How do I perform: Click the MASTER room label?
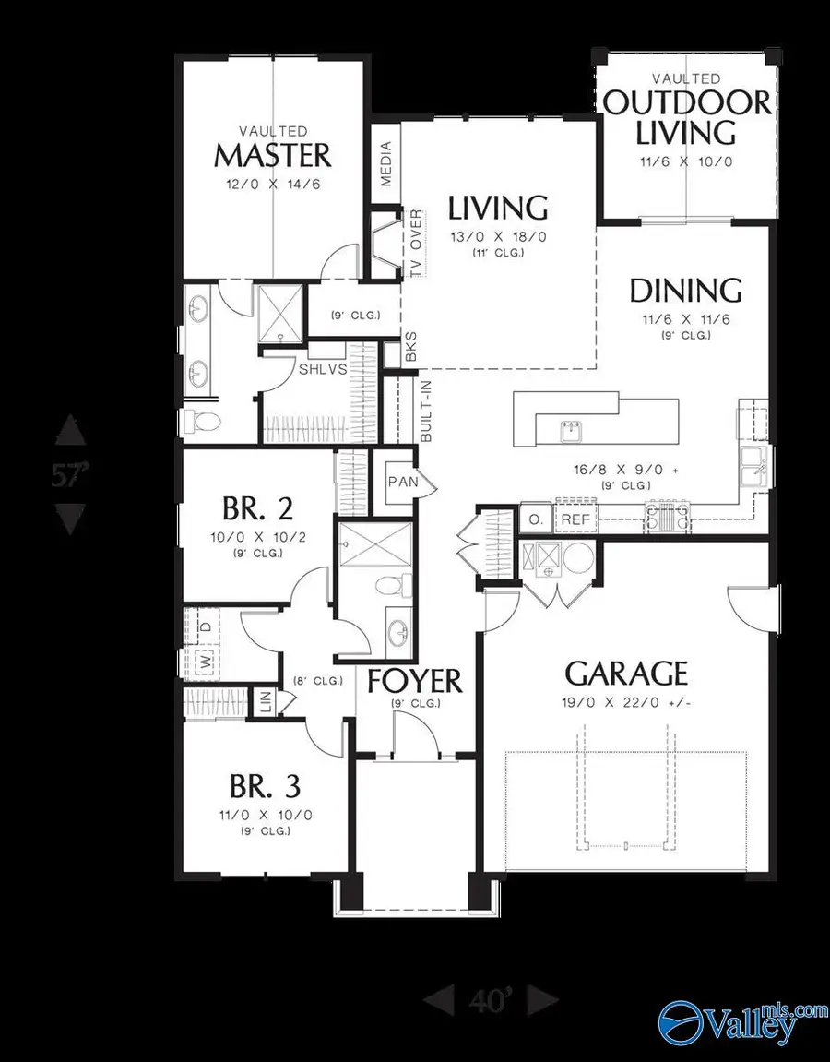[272, 154]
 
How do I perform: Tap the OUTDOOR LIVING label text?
[687, 116]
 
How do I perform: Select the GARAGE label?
[626, 673]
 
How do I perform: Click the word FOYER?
[414, 681]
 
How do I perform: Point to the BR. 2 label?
[245, 508]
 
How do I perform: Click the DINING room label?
[685, 291]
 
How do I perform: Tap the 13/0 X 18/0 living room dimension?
[498, 236]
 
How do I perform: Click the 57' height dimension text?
[70, 476]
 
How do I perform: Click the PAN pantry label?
[402, 482]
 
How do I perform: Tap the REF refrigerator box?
[575, 520]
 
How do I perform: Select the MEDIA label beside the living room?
[386, 162]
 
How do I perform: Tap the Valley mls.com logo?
[738, 1021]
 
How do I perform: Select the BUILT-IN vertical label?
[425, 412]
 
